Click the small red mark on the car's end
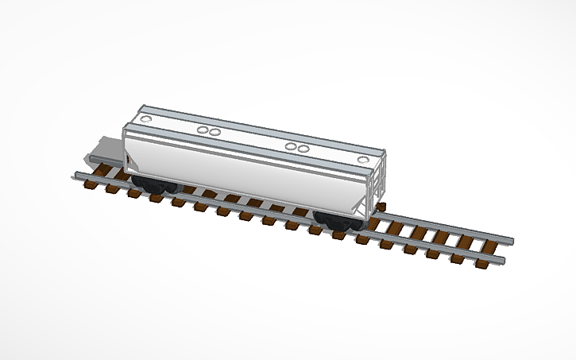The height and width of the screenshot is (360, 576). [x=132, y=165]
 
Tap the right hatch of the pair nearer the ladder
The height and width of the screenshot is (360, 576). [x=303, y=149]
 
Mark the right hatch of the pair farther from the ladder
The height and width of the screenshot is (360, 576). [x=214, y=130]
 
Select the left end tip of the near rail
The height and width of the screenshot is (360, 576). [x=76, y=173]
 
